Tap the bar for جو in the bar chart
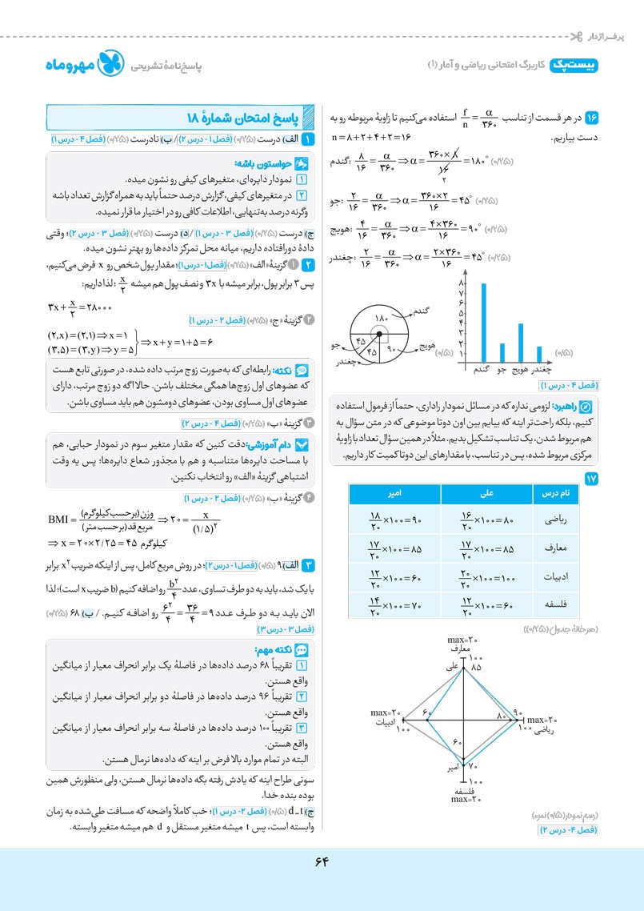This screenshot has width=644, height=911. point(502,353)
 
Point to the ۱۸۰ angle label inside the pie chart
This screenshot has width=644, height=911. point(381,319)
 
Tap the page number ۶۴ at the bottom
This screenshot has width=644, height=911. point(322,861)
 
